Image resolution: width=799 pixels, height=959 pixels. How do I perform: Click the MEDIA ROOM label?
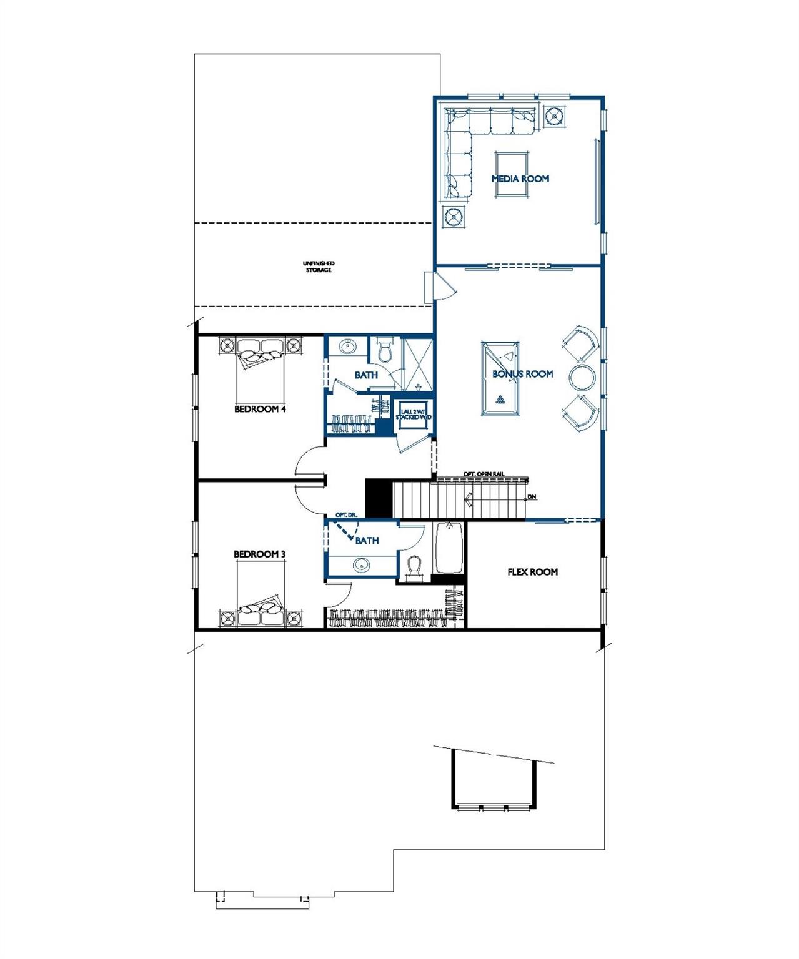tap(520, 179)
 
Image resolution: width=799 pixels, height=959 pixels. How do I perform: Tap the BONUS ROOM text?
tap(522, 374)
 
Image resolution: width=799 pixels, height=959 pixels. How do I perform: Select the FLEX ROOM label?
tap(532, 571)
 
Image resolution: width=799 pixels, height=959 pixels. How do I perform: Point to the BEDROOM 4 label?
tap(260, 410)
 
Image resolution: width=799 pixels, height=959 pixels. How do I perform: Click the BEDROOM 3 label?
tap(260, 554)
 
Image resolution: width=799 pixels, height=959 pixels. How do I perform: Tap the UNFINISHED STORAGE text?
tap(319, 267)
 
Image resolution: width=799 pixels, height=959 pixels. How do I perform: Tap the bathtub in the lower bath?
tap(448, 548)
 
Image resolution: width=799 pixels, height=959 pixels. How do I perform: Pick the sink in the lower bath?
tap(360, 566)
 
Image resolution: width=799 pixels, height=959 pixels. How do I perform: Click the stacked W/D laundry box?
tap(410, 413)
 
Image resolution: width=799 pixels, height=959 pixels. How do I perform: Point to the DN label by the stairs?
tap(532, 497)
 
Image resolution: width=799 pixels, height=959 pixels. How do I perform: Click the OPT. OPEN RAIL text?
tap(484, 474)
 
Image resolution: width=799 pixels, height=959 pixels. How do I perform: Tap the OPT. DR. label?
tap(345, 514)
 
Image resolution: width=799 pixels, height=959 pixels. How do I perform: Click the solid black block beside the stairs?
tap(378, 498)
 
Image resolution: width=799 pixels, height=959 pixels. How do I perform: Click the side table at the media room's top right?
tap(553, 116)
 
